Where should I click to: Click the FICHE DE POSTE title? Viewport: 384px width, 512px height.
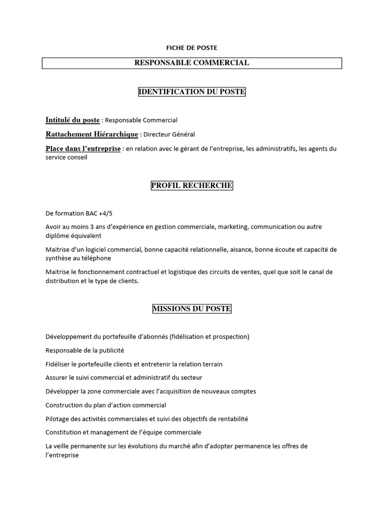pyautogui.click(x=191, y=48)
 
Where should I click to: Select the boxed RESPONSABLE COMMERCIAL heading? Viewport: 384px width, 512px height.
pyautogui.click(x=191, y=63)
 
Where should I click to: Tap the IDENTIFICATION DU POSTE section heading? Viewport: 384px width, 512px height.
pyautogui.click(x=191, y=92)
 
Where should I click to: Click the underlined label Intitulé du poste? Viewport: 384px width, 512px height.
pyautogui.click(x=72, y=120)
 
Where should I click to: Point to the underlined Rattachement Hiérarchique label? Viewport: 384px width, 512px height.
pyautogui.click(x=92, y=134)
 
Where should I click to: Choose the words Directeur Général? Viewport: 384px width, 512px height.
pyautogui.click(x=169, y=134)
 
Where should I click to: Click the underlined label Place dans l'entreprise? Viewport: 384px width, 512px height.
pyautogui.click(x=83, y=148)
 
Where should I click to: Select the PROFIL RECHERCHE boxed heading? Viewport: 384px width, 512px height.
pyautogui.click(x=191, y=186)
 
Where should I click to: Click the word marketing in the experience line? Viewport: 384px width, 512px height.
pyautogui.click(x=232, y=227)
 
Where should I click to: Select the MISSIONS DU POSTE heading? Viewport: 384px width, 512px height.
pyautogui.click(x=191, y=309)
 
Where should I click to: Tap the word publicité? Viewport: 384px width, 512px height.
pyautogui.click(x=111, y=350)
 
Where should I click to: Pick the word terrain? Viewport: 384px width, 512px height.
pyautogui.click(x=211, y=364)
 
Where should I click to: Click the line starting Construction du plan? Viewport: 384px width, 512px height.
pyautogui.click(x=105, y=405)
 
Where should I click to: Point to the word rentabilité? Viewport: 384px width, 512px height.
pyautogui.click(x=231, y=419)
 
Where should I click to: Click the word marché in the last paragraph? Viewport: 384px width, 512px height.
pyautogui.click(x=184, y=446)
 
